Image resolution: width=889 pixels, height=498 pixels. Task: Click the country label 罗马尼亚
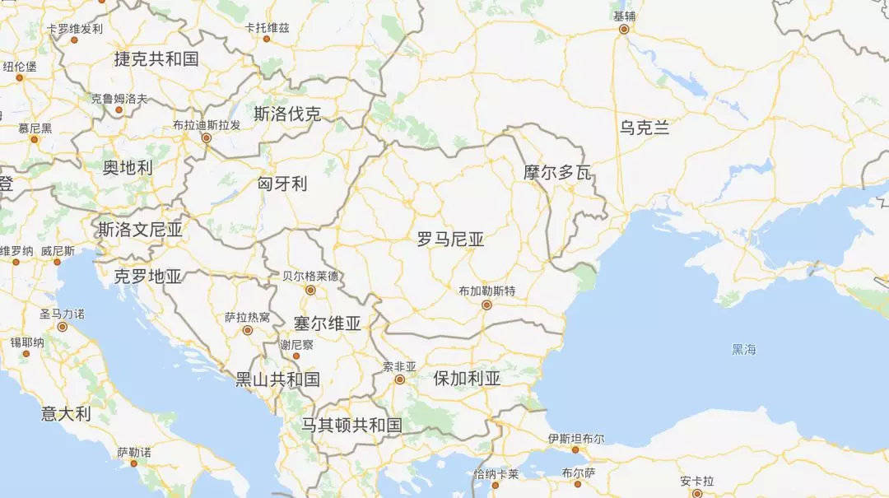(x=450, y=240)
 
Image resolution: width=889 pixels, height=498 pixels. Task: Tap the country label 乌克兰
(x=645, y=128)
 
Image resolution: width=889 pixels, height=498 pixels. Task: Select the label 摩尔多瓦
(x=558, y=173)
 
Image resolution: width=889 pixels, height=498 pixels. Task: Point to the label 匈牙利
(x=282, y=184)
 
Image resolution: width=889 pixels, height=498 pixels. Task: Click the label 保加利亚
(x=467, y=379)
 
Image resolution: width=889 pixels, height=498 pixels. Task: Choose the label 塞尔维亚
(x=328, y=323)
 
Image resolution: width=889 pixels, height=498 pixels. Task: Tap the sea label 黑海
(x=743, y=349)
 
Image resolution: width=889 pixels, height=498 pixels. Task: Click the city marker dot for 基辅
(x=624, y=29)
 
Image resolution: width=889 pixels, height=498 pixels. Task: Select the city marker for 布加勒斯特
(x=486, y=305)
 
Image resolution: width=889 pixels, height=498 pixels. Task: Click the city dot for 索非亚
(x=399, y=379)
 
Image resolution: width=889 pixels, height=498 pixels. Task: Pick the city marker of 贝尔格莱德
(x=310, y=290)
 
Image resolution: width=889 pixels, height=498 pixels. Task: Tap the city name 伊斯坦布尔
(x=575, y=439)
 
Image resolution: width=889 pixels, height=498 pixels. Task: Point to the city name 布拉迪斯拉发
(x=207, y=125)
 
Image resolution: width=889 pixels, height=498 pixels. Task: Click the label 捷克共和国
(x=156, y=58)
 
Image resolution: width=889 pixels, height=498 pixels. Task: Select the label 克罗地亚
(x=148, y=277)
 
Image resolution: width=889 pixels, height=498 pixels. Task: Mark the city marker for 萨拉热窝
(x=247, y=330)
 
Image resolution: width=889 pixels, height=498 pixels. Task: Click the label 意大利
(x=66, y=413)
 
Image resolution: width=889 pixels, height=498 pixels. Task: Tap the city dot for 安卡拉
(x=696, y=493)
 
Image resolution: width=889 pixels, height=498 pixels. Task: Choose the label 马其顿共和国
(x=351, y=425)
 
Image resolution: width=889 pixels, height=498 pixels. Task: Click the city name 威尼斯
(x=58, y=251)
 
